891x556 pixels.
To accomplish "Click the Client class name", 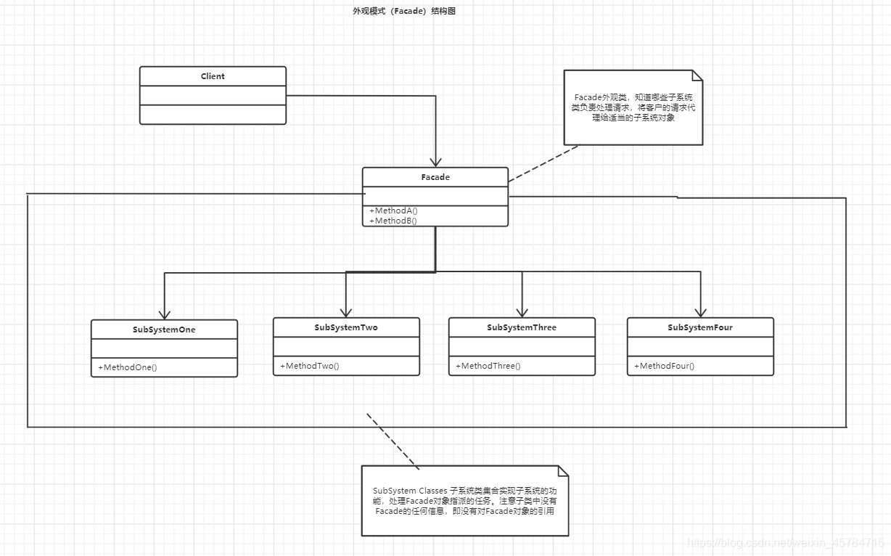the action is click(213, 76).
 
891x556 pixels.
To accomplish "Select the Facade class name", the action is click(435, 177).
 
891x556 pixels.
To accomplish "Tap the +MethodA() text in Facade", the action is click(393, 210).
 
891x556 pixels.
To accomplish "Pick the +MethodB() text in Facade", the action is click(393, 221).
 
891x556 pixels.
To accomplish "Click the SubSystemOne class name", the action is click(164, 330).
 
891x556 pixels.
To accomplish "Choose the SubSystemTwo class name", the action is click(346, 327).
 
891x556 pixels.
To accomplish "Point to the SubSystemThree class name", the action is click(522, 327).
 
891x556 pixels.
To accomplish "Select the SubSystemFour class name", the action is click(700, 327).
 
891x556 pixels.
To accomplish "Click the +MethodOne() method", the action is click(128, 367).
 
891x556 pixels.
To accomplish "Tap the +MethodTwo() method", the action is click(310, 366).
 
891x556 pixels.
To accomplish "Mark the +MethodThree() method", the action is click(488, 366).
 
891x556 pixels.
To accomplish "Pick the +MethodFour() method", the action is click(665, 366).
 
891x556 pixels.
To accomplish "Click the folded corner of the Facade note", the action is click(697, 75).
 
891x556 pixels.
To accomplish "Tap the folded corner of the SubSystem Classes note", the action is click(562, 471).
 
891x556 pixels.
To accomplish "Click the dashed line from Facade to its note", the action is click(544, 163).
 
